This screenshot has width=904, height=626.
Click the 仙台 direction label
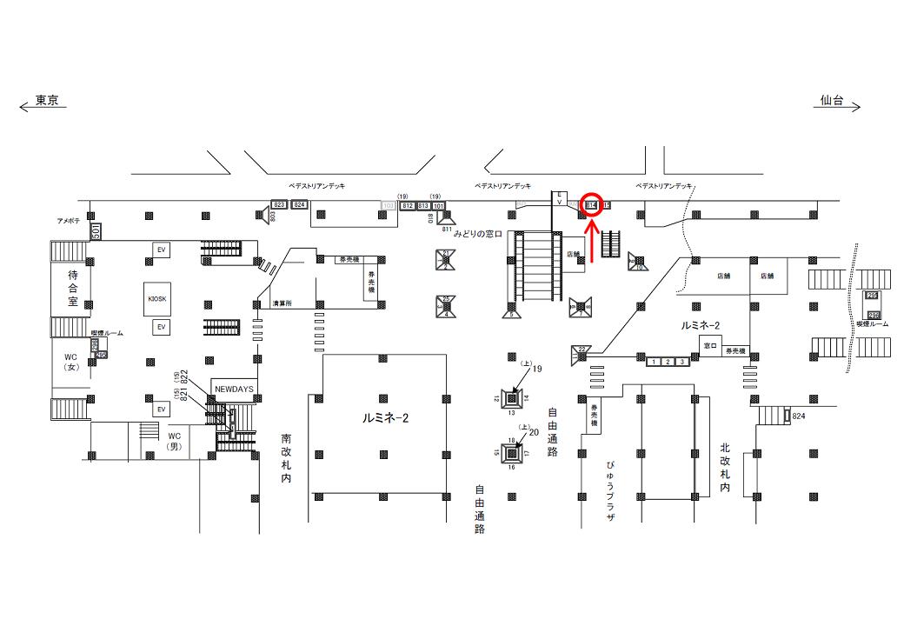tap(833, 101)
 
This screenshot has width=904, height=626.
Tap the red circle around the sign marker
tap(592, 204)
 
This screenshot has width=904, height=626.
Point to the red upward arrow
tap(592, 240)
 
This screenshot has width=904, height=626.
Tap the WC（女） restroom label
tap(71, 362)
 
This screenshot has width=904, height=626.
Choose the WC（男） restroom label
tap(174, 441)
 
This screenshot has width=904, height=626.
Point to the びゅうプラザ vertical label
tap(610, 491)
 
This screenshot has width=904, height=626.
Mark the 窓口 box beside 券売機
tap(709, 345)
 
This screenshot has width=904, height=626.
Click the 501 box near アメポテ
tap(95, 231)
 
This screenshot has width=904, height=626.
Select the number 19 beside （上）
tap(536, 370)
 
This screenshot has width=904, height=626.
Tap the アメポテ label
tap(69, 222)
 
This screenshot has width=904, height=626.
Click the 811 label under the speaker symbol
tap(449, 230)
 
